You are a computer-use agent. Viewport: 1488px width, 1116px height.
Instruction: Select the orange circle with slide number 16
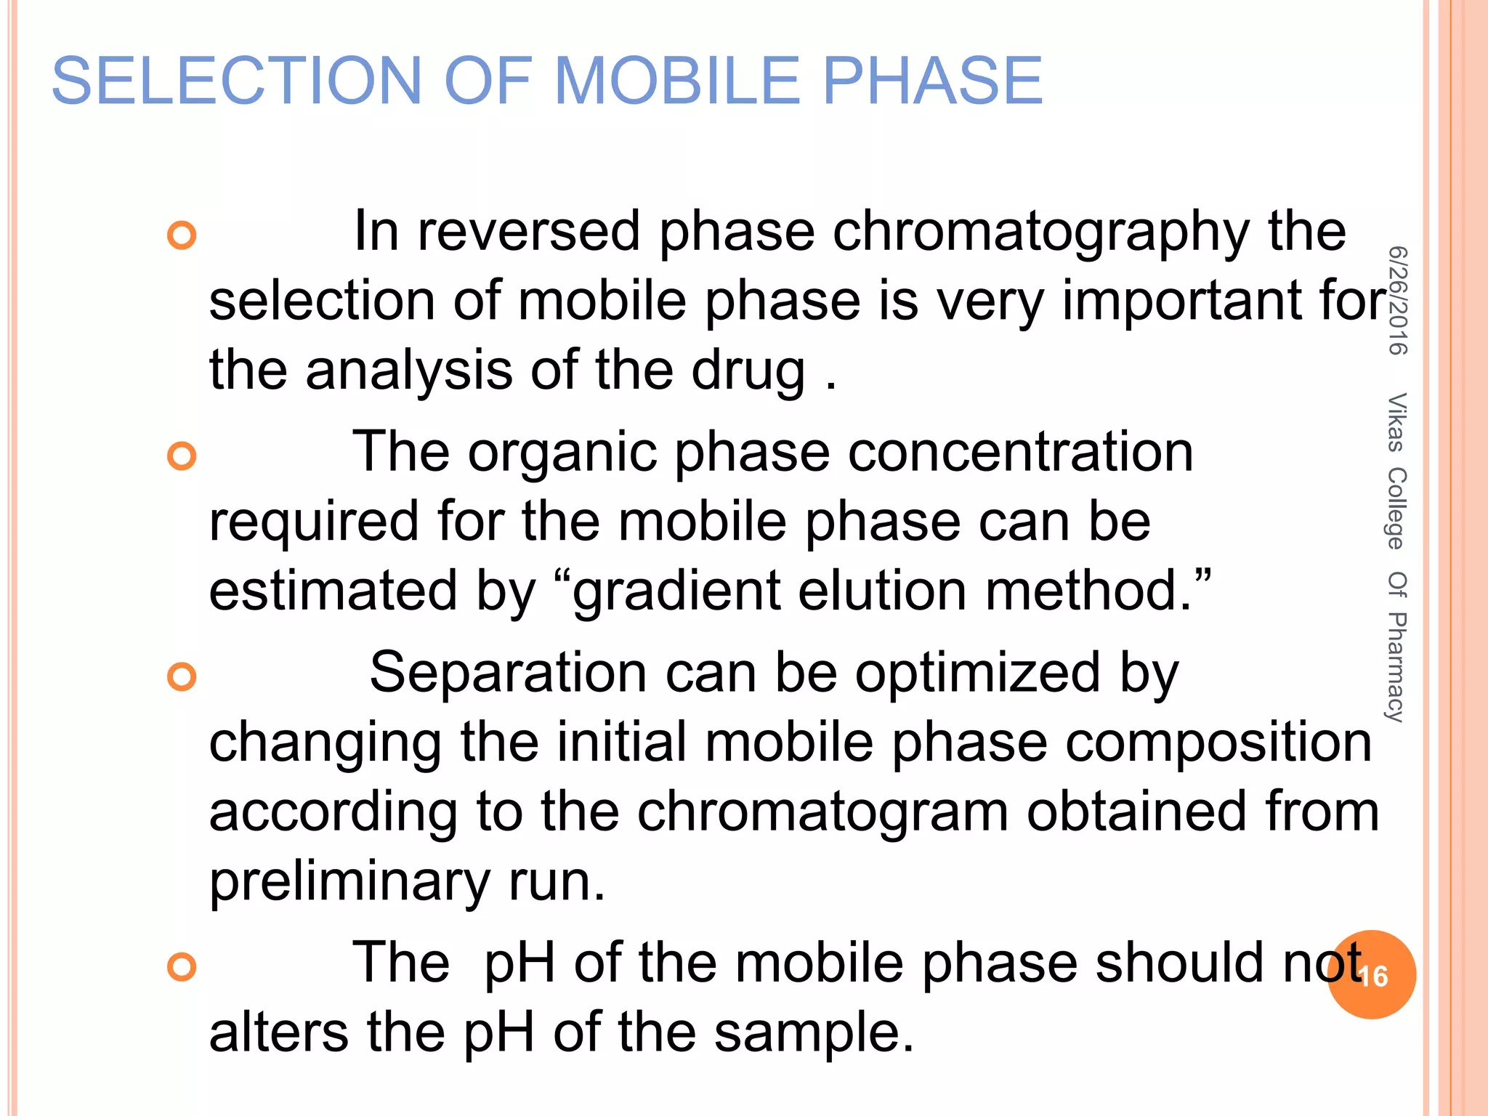(1372, 975)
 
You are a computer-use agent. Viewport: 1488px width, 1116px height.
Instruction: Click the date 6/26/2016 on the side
(1397, 301)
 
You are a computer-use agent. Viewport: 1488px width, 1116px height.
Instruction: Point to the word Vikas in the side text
(1396, 422)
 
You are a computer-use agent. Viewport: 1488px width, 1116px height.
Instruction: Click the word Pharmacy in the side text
(1396, 667)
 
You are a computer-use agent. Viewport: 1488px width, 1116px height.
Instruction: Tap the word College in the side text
(1396, 509)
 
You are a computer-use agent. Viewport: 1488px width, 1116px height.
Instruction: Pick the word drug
(748, 371)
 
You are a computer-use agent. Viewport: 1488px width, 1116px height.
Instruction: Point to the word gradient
(676, 591)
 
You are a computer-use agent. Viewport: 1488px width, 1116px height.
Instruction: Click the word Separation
(508, 673)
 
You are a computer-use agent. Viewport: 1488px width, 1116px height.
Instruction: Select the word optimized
(977, 673)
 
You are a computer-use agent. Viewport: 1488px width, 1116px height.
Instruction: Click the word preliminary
(349, 882)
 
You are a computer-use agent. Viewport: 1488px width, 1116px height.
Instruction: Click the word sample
(813, 1032)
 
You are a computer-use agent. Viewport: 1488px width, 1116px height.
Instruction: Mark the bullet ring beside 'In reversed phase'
(182, 235)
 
